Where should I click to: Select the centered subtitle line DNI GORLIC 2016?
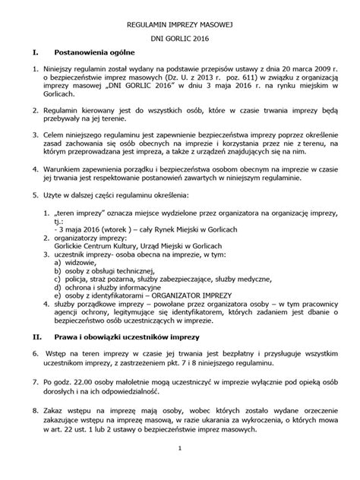click(x=180, y=39)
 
